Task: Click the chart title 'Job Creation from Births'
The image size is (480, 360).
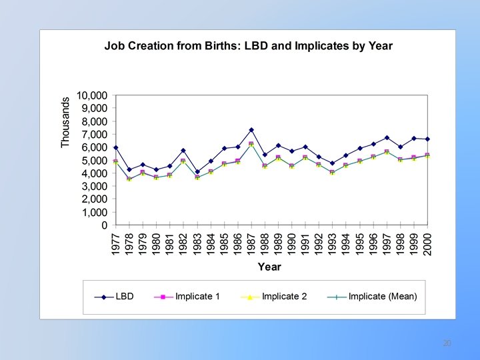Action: pyautogui.click(x=248, y=46)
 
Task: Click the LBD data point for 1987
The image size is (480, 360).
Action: pyautogui.click(x=251, y=130)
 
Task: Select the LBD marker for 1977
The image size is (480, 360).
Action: pyautogui.click(x=115, y=147)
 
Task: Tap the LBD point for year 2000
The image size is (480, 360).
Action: pyautogui.click(x=427, y=139)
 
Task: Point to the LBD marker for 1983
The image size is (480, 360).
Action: pyautogui.click(x=197, y=172)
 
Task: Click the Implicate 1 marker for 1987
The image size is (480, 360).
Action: pyautogui.click(x=251, y=144)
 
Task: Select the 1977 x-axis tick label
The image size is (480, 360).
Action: pyautogui.click(x=115, y=243)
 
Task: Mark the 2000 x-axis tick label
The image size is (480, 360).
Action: pyautogui.click(x=427, y=243)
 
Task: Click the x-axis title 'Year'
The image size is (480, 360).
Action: pyautogui.click(x=269, y=267)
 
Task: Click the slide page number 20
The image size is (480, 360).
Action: pyautogui.click(x=447, y=343)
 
